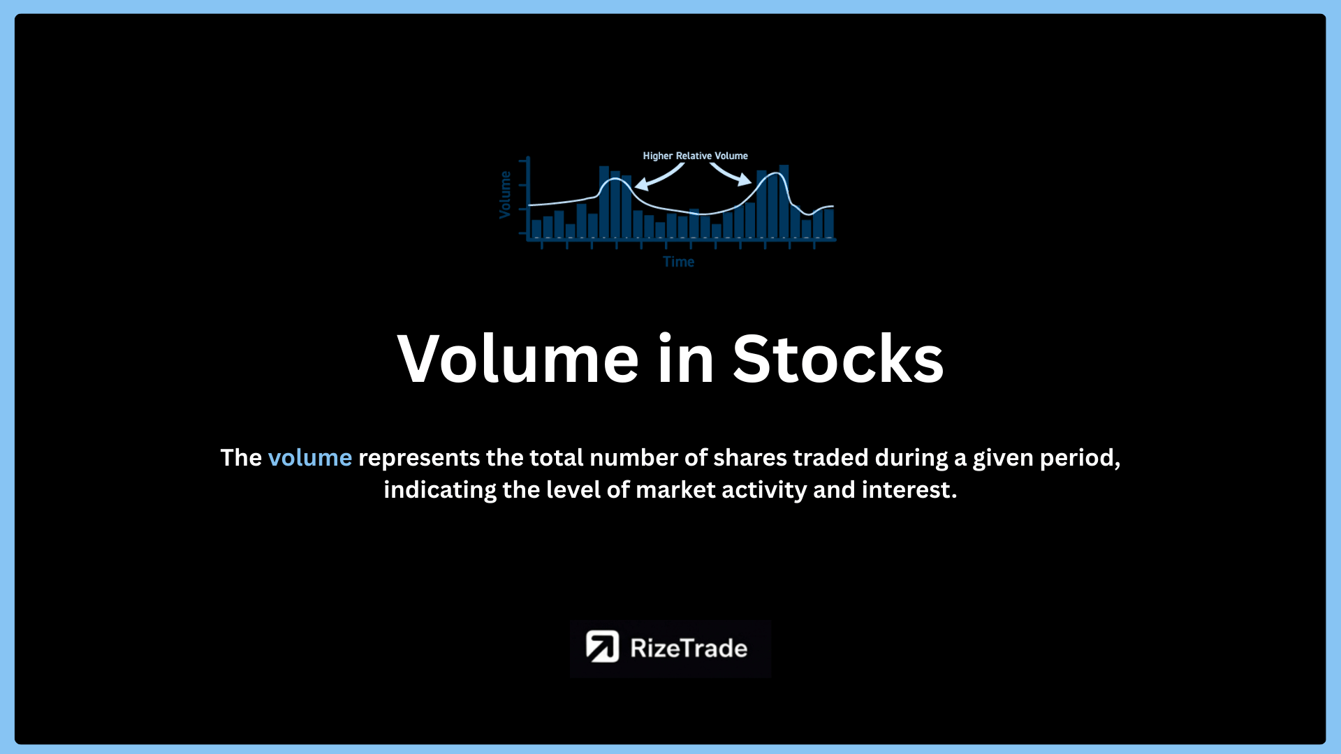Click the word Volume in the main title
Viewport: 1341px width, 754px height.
518,359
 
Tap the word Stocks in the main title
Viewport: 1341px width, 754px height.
838,359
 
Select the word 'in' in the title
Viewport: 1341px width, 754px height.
686,359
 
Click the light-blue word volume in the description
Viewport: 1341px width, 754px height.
310,458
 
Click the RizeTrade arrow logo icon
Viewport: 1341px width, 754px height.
602,646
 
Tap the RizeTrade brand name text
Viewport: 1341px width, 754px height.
689,648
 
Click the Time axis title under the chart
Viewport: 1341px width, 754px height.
678,262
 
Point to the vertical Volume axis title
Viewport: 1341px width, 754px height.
505,195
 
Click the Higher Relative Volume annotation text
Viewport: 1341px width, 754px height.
695,156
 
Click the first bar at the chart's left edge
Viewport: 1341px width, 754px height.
536,229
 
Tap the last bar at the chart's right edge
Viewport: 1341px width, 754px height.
829,223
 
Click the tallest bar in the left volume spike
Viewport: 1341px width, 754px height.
604,202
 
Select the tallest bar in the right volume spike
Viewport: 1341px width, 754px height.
784,201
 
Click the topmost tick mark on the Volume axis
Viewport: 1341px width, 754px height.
523,161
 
